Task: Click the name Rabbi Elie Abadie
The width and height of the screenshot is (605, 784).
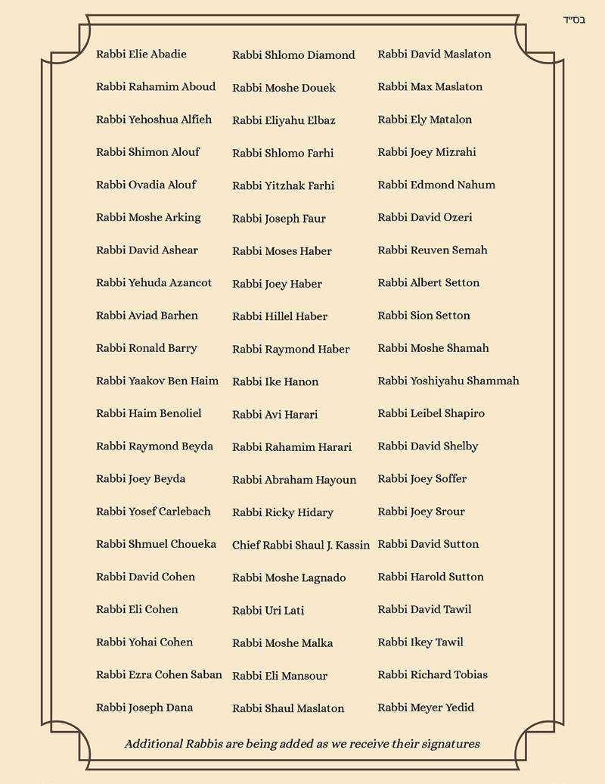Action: point(141,54)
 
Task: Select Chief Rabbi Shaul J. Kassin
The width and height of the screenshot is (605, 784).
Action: point(301,545)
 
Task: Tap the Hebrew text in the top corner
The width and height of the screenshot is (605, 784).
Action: point(575,20)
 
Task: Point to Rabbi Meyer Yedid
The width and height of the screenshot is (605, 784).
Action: point(426,708)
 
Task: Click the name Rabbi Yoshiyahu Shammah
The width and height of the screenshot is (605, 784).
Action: point(448,381)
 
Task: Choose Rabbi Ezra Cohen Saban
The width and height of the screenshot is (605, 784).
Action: point(159,675)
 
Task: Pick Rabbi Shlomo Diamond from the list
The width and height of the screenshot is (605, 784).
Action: point(293,55)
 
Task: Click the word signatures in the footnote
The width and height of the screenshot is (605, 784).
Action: point(448,744)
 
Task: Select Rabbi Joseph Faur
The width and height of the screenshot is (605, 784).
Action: point(279,219)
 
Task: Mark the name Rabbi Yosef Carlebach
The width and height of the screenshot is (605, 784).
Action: point(154,512)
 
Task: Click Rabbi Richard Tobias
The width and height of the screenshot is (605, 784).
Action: point(433,675)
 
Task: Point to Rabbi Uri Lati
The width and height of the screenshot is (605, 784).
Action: point(268,610)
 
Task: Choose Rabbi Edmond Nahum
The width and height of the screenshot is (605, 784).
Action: point(436,185)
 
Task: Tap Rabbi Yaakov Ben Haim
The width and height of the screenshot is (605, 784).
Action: point(157,381)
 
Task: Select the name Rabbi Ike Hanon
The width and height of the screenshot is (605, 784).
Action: point(275,381)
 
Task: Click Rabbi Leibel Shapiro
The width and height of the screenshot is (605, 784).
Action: point(431,413)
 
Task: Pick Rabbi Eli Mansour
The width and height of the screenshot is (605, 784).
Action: point(280,676)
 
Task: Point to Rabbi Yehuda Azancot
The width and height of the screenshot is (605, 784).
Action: point(154,283)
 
